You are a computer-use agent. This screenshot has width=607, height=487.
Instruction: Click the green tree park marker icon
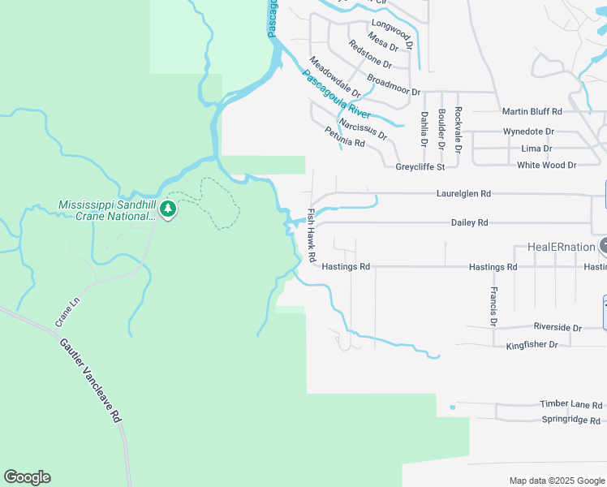coord(168,209)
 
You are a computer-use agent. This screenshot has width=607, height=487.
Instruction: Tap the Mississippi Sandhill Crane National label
coord(108,209)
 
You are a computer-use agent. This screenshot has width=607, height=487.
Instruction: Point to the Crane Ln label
coord(68,312)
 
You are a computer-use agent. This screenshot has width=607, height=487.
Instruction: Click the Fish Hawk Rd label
coord(312,235)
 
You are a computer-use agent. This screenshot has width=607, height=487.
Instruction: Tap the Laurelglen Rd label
coord(463,194)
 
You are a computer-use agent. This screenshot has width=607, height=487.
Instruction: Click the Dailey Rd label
coord(470,222)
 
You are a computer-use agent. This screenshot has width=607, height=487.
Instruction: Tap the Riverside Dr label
coord(557,328)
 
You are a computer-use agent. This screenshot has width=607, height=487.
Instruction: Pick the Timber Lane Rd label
coord(571,404)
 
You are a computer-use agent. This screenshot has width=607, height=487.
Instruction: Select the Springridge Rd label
coord(570,420)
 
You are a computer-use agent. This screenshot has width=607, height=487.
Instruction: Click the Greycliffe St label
coord(420,167)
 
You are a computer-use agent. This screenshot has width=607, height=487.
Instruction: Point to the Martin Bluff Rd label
coord(532,111)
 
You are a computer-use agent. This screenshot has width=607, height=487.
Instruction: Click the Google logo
coord(27,477)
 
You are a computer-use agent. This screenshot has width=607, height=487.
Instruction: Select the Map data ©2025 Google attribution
coord(557,481)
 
